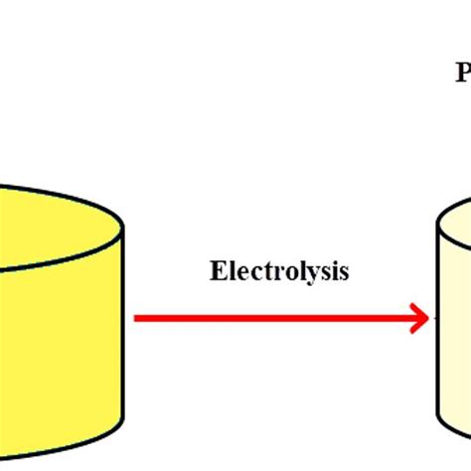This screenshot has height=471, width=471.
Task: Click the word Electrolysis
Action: coord(279,271)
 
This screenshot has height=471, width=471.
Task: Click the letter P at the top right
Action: coord(463,73)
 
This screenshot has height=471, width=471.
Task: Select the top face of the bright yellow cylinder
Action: coord(50,214)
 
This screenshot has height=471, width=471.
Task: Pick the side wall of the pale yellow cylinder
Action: coord(456,338)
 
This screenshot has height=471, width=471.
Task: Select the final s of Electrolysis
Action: coord(344,272)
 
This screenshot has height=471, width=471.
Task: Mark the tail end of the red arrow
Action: coord(137,319)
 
